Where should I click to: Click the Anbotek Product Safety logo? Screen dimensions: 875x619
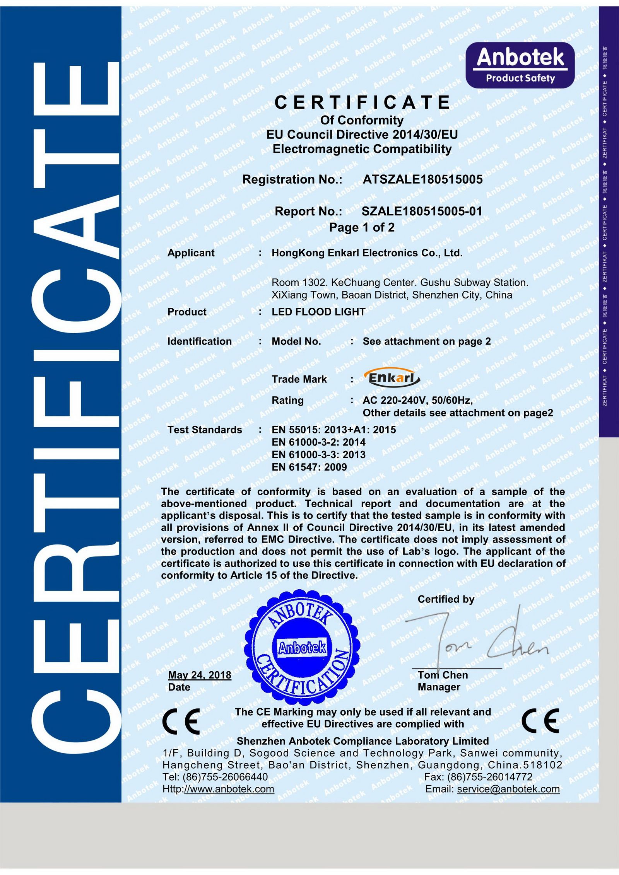point(520,65)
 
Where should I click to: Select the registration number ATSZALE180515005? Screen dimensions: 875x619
point(422,179)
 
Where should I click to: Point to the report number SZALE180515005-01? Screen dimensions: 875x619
point(422,211)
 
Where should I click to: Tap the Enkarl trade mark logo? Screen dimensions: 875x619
point(392,377)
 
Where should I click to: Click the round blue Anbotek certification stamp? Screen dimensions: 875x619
point(302,647)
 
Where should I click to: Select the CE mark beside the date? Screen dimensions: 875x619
point(181,721)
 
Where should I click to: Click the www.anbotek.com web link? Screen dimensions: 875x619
point(229,789)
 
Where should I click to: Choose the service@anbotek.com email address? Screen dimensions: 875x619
point(508,789)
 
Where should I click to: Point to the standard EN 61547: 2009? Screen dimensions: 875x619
point(309,467)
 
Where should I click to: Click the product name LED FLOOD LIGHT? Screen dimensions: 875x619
point(318,312)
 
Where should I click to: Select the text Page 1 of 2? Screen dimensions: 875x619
point(362,227)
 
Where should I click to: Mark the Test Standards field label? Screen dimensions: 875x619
point(205,430)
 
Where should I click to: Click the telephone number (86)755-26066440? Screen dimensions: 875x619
point(225,776)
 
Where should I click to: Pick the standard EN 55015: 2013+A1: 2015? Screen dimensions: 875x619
point(334,430)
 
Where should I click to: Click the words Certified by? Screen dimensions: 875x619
point(446,599)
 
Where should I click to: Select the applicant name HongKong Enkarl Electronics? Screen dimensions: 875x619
point(367,253)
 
